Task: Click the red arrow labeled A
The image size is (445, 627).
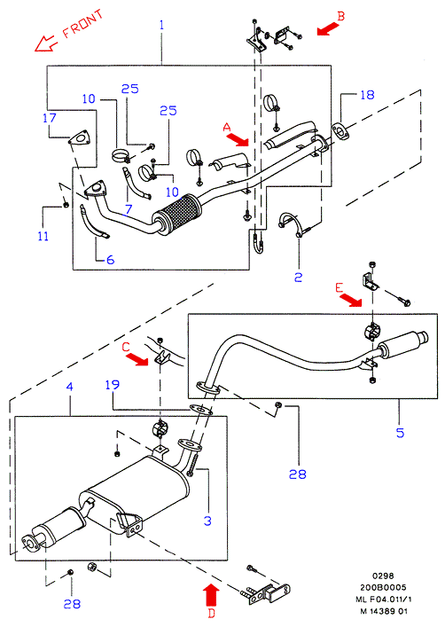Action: (x=237, y=139)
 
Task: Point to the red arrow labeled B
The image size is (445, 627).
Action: (x=328, y=29)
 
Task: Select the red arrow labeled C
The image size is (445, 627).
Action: (x=137, y=359)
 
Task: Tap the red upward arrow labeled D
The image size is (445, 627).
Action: (x=212, y=594)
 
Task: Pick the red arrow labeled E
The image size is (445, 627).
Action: (x=351, y=299)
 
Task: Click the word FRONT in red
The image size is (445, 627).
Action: (x=83, y=25)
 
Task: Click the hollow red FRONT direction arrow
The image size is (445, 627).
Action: (x=45, y=43)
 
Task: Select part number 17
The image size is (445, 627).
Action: (x=50, y=118)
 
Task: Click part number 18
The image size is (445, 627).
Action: (x=367, y=95)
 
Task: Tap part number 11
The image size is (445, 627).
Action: (x=43, y=236)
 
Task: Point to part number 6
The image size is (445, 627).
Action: (x=110, y=260)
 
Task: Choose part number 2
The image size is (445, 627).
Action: (x=298, y=277)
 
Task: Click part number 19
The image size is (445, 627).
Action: (x=113, y=385)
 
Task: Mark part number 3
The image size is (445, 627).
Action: (x=207, y=521)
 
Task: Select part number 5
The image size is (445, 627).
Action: (x=400, y=433)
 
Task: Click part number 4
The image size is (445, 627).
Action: (x=70, y=387)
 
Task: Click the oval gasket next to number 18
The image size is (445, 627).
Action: (x=340, y=132)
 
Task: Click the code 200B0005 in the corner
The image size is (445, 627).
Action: (x=383, y=587)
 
